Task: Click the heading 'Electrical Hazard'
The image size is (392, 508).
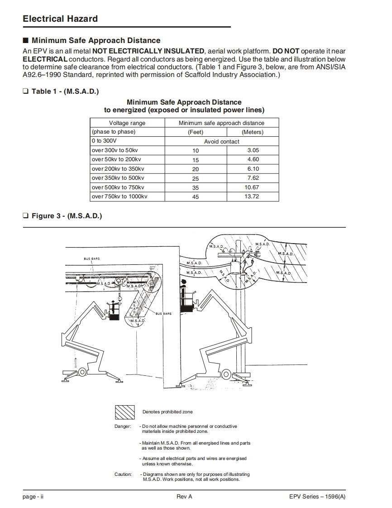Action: coord(60,19)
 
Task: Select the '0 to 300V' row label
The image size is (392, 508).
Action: coord(105,141)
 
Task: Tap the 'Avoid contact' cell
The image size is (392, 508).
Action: coord(222,141)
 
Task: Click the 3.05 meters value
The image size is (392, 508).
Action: coord(253,150)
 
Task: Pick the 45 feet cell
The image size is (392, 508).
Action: coord(196,197)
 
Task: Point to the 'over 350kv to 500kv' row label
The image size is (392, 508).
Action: coord(118,178)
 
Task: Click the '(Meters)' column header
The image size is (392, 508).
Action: coord(253,132)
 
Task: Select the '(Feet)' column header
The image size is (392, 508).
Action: coord(196,132)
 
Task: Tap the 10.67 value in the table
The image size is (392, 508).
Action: coord(252,187)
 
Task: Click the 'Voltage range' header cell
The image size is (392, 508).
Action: coord(127,123)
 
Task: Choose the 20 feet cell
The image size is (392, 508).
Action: coord(196,169)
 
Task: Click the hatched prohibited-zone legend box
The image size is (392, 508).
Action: coord(124,412)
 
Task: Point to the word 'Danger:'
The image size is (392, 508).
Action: coord(123,427)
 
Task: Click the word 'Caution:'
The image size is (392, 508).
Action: coord(123,474)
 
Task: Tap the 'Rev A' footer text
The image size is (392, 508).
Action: coord(184,497)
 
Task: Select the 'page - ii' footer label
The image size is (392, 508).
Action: coord(33,497)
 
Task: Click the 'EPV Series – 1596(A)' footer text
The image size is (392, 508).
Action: coord(317,497)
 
